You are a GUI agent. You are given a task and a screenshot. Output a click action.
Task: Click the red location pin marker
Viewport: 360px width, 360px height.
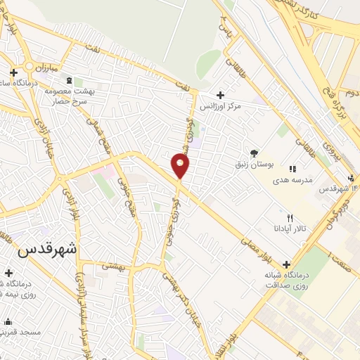point(181,166)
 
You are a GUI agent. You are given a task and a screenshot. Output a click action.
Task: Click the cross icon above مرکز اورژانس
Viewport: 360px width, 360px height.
point(221,95)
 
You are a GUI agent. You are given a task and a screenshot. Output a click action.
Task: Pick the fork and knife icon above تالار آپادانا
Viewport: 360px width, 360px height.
point(290,218)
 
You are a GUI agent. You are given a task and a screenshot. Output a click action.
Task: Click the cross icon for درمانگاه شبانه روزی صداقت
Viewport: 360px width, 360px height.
point(285,264)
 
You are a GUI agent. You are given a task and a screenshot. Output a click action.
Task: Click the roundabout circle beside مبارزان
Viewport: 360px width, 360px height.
point(28,66)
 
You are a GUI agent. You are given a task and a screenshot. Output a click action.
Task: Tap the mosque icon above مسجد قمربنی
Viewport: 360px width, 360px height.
point(8,321)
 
